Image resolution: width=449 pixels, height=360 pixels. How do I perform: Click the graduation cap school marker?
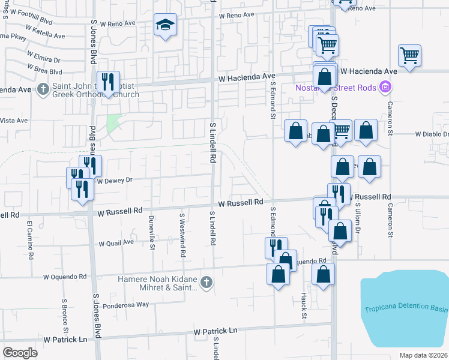pyautogui.click(x=165, y=25)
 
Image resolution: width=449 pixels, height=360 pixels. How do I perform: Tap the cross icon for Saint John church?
pyautogui.click(x=43, y=89)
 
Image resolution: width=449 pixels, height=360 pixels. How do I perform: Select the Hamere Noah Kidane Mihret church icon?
pyautogui.click(x=206, y=281)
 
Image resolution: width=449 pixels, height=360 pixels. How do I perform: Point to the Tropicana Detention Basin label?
pyautogui.click(x=406, y=310)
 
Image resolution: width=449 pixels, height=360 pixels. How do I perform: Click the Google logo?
pyautogui.click(x=20, y=352)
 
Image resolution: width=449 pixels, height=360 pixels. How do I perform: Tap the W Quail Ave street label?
pyautogui.click(x=116, y=242)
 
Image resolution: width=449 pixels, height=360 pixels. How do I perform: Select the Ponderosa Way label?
pyautogui.click(x=125, y=304)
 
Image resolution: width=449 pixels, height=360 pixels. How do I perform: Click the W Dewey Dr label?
pyautogui.click(x=114, y=179)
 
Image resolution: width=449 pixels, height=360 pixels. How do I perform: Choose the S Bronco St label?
pyautogui.click(x=65, y=314)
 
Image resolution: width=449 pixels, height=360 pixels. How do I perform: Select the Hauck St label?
pyautogui.click(x=304, y=306)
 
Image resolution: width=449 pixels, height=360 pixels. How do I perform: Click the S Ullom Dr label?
pyautogui.click(x=357, y=217)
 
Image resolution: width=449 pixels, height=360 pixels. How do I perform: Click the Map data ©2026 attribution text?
pyautogui.click(x=424, y=355)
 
